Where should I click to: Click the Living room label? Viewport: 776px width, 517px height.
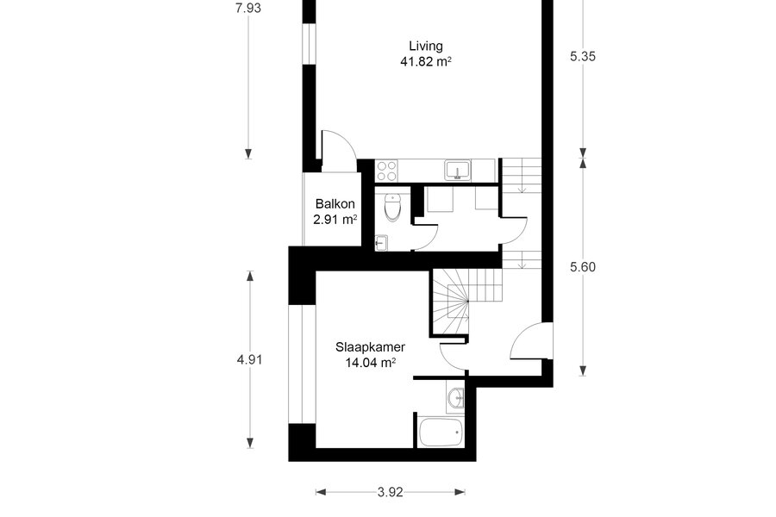(426, 47)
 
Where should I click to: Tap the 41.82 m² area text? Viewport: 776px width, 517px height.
(426, 62)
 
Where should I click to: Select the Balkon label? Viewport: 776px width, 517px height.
(335, 204)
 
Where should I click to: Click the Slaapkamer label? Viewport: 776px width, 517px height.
(370, 347)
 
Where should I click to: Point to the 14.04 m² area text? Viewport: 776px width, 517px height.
(370, 363)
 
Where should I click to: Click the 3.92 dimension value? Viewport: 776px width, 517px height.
(391, 492)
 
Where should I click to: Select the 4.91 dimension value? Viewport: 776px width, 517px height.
(249, 359)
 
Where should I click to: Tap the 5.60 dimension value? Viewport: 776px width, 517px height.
(583, 267)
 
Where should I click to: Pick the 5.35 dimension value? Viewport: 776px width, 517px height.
(583, 56)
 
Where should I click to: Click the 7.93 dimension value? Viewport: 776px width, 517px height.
(248, 8)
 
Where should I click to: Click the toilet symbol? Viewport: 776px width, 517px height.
(392, 208)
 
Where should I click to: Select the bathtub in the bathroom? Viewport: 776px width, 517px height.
(441, 433)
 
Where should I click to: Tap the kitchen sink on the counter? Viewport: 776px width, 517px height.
(458, 170)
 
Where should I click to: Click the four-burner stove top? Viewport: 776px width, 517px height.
(386, 171)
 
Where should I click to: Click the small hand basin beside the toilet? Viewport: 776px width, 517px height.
(381, 243)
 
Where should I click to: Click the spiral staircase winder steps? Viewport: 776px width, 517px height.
(450, 302)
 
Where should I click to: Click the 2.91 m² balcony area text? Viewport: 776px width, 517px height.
(335, 219)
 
